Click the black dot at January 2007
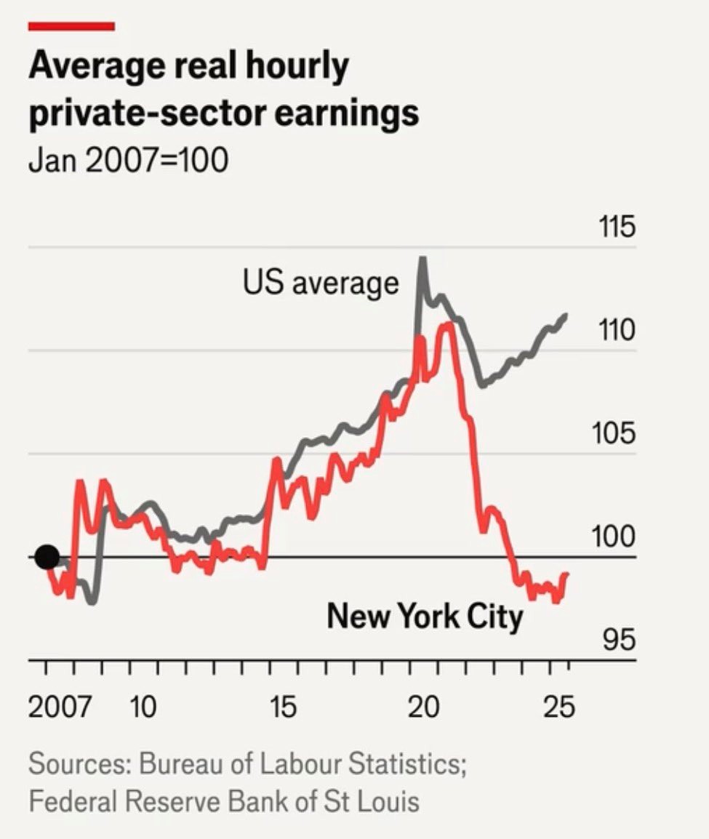tap(47, 557)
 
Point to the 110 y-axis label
tap(617, 332)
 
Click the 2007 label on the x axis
tap(60, 706)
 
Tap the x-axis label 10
tap(143, 706)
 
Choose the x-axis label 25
tap(560, 706)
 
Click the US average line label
tap(321, 283)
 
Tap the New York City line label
tap(425, 617)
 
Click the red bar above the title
tap(71, 26)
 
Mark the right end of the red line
tap(566, 574)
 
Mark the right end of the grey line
tap(566, 315)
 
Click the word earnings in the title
tap(348, 115)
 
